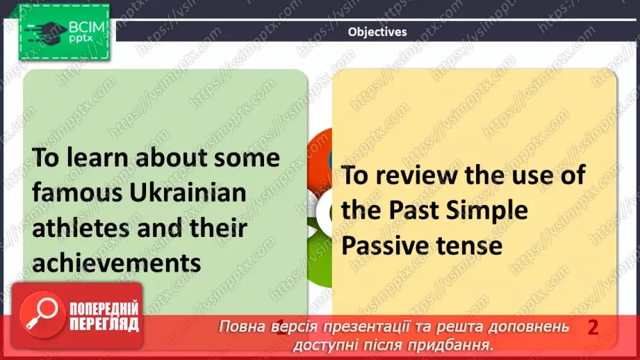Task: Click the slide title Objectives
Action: (377, 31)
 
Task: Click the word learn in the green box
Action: (101, 157)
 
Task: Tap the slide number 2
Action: (593, 327)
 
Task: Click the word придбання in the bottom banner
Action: (459, 344)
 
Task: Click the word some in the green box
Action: (246, 157)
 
